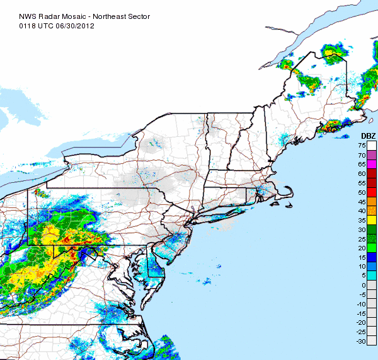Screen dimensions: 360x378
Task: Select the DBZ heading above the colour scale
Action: click(368, 136)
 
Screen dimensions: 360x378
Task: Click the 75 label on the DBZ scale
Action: click(362, 146)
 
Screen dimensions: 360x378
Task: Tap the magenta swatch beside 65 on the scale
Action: click(372, 164)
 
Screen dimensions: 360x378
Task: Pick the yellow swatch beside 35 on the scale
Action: click(372, 219)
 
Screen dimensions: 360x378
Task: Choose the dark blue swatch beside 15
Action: click(372, 257)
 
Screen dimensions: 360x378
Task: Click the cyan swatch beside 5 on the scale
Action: click(372, 276)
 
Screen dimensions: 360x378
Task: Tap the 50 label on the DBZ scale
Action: click(362, 192)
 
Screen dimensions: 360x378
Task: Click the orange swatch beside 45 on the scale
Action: click(372, 201)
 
